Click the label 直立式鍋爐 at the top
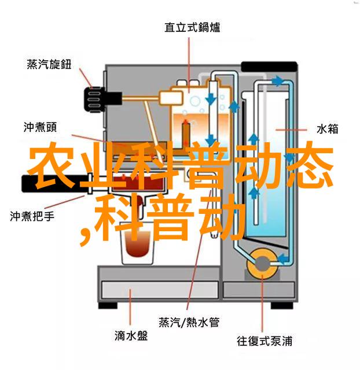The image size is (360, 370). (192, 28)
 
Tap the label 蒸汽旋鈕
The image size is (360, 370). (49, 64)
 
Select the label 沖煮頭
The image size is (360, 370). (40, 127)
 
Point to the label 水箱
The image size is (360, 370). (327, 129)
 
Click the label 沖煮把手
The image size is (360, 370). (32, 216)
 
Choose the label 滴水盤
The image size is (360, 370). (131, 336)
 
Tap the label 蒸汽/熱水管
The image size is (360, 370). (189, 322)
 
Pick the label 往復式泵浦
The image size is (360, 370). (265, 341)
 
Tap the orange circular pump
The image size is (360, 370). (262, 264)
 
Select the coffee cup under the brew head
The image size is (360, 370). (138, 243)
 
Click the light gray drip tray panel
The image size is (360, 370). (160, 290)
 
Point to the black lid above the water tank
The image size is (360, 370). (269, 66)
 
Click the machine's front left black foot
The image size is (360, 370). (108, 305)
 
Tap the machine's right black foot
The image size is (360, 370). (282, 305)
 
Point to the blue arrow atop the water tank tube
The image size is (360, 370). (277, 81)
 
